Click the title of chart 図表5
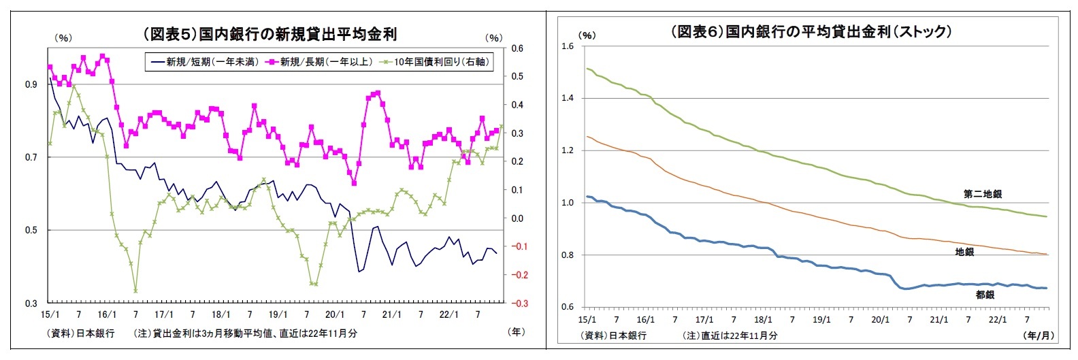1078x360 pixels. [269, 34]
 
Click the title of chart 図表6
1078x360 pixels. [811, 31]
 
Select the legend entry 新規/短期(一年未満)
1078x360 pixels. [204, 62]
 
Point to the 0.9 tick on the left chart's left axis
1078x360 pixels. [31, 85]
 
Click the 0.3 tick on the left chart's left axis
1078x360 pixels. [31, 304]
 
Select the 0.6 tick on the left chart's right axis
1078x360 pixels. [517, 48]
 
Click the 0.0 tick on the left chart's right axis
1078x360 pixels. [517, 218]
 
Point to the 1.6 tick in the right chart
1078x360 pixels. [568, 46]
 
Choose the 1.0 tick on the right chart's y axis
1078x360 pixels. [568, 203]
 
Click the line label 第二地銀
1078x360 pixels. [982, 194]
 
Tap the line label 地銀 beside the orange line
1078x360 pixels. [964, 252]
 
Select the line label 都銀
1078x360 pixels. [985, 295]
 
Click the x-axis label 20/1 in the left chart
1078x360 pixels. [335, 315]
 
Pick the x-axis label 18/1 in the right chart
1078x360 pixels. [763, 319]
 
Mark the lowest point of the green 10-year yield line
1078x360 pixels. [135, 291]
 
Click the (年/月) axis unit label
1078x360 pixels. [1036, 336]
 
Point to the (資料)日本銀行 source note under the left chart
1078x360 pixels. [81, 333]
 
